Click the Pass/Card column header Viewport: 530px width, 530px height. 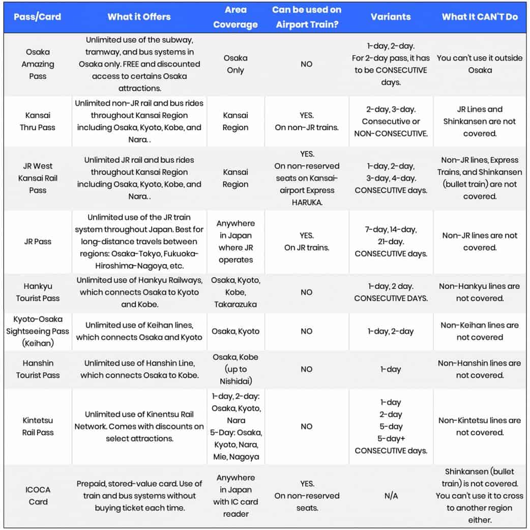[x=37, y=17]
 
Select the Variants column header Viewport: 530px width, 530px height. [x=391, y=17]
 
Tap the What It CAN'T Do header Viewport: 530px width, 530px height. [x=480, y=17]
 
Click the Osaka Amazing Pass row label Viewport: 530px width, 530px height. [x=37, y=64]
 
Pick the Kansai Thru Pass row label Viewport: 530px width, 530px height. [x=37, y=122]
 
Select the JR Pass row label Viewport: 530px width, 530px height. [x=37, y=242]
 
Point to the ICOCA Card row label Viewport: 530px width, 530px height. [x=37, y=495]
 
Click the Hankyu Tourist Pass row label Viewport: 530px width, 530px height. [x=37, y=292]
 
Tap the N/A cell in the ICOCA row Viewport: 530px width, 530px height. [x=391, y=495]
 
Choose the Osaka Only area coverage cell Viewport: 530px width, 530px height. [x=235, y=64]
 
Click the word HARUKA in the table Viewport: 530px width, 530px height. [x=307, y=202]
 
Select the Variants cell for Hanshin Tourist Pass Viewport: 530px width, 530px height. [x=391, y=369]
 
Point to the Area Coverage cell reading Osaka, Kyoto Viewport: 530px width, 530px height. [x=235, y=331]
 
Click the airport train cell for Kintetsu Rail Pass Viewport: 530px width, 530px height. [x=307, y=426]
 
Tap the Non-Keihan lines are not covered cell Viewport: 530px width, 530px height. [x=480, y=331]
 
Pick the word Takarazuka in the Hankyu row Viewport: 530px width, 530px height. [x=235, y=305]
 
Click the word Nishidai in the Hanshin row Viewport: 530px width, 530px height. [x=235, y=381]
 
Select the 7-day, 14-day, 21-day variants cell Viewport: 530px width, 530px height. [x=391, y=242]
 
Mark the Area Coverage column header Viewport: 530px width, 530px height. [x=235, y=17]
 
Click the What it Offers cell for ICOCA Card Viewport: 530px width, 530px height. [x=139, y=495]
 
